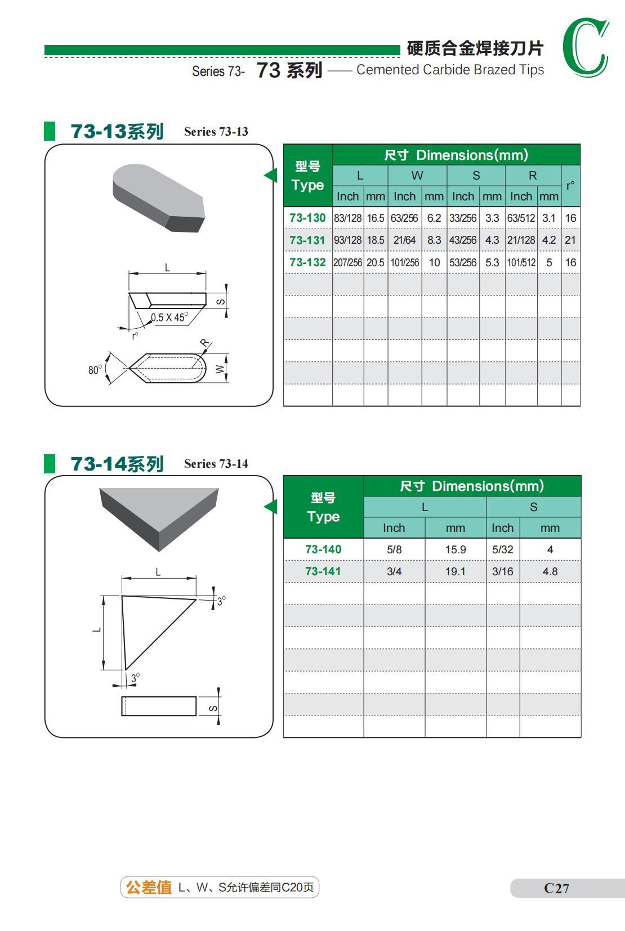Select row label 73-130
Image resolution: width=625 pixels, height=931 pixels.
308,218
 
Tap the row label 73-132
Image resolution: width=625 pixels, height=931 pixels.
308,262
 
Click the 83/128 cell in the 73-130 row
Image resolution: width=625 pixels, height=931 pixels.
347,218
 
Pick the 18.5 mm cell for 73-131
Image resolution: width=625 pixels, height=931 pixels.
376,240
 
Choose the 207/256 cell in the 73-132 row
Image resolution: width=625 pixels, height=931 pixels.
347,263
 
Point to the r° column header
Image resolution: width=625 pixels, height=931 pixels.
570,185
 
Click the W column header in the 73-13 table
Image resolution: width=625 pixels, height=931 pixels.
417,176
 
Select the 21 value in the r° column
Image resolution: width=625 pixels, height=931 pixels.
570,240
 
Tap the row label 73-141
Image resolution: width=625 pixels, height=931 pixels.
323,571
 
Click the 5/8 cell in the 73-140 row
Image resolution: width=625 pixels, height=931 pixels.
394,549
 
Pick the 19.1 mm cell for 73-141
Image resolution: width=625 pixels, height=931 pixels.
456,571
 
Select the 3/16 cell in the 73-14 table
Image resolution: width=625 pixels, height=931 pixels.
503,571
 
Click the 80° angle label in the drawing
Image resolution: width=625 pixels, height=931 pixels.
95,369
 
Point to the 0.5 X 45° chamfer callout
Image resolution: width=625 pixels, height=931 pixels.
169,317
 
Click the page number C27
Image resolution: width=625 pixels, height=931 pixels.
556,888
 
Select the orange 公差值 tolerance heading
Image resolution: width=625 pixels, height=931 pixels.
149,887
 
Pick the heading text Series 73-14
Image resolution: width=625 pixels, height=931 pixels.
216,464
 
